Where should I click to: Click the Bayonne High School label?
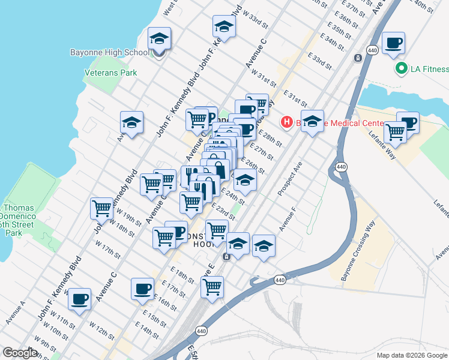[109, 52]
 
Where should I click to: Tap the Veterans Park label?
[110, 73]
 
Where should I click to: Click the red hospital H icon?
[287, 122]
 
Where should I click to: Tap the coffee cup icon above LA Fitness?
[393, 43]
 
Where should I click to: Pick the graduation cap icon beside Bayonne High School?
[159, 40]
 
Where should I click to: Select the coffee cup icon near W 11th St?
[79, 299]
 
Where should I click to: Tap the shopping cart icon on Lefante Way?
[395, 131]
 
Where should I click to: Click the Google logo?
[20, 353]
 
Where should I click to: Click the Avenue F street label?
[288, 220]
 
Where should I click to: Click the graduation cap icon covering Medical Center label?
[312, 122]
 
